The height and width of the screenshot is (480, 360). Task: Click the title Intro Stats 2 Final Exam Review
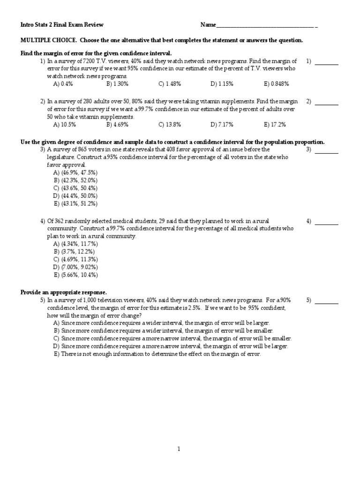(62, 24)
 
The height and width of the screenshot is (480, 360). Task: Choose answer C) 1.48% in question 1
(169, 84)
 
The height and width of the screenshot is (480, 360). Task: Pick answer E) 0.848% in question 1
(276, 84)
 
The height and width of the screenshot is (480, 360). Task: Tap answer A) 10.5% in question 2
(65, 125)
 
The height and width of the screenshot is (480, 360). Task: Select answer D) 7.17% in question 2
(223, 125)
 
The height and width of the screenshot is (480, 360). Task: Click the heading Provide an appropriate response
(64, 292)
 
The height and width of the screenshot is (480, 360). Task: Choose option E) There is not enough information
(157, 354)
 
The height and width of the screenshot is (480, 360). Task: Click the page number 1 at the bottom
(179, 449)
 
